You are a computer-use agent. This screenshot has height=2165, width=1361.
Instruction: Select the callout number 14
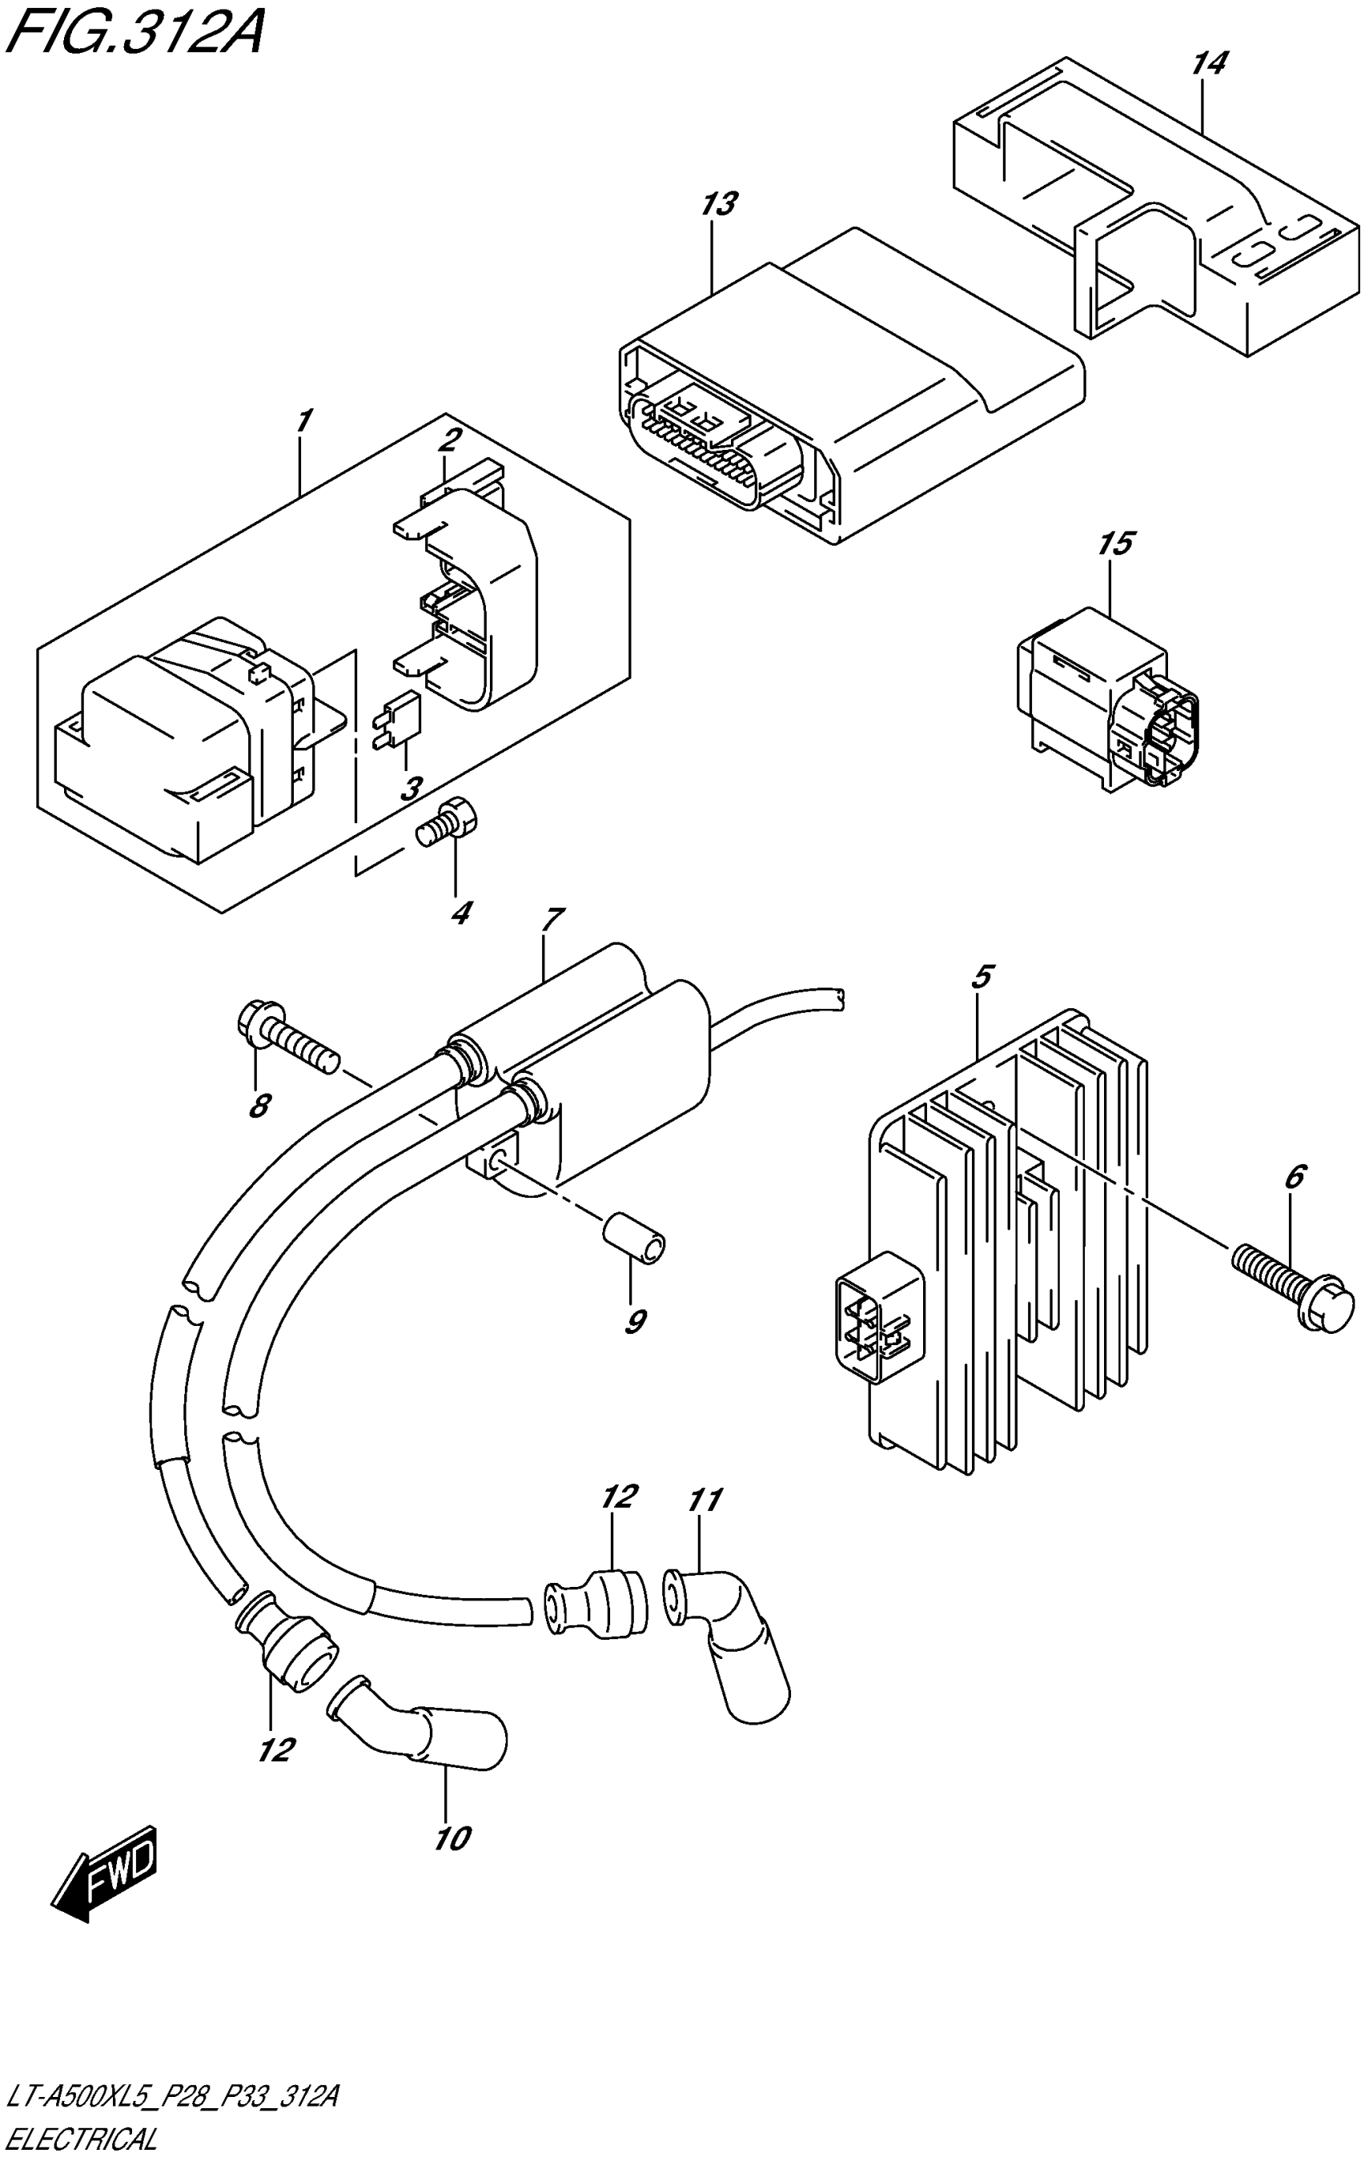[1209, 64]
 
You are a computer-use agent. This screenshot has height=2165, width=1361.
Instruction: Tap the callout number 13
[719, 205]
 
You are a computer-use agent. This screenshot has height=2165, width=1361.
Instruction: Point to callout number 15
[1114, 544]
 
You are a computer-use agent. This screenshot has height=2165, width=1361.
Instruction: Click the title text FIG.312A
[134, 34]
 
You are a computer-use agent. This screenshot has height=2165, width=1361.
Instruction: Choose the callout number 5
[982, 975]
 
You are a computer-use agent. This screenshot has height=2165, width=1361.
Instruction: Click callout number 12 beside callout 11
[620, 1495]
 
